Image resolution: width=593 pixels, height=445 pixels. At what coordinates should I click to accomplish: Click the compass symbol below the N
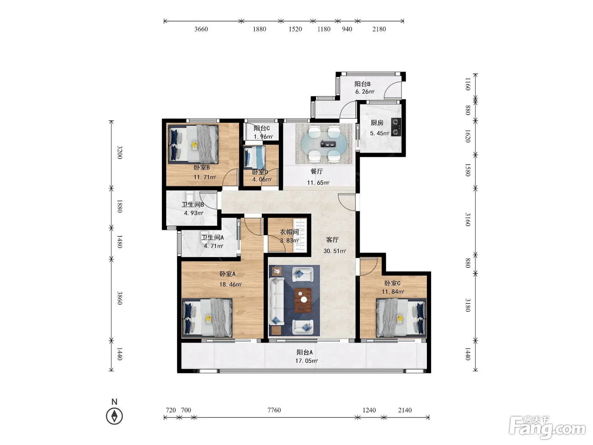pyautogui.click(x=114, y=416)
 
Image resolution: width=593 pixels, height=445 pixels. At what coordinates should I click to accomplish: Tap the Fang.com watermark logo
pyautogui.click(x=547, y=427)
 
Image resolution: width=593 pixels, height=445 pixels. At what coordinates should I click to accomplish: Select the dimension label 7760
pyautogui.click(x=274, y=410)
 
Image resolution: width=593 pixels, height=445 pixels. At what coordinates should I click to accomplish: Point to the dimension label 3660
pyautogui.click(x=201, y=29)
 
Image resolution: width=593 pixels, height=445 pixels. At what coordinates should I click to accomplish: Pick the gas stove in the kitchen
pyautogui.click(x=396, y=127)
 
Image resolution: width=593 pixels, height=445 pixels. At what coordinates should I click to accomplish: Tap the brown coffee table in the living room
pyautogui.click(x=302, y=300)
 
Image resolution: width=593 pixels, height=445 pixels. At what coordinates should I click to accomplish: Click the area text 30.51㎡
pyautogui.click(x=335, y=251)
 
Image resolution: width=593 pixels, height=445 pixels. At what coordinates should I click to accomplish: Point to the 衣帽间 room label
pyautogui.click(x=289, y=232)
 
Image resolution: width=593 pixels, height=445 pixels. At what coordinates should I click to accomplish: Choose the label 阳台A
pyautogui.click(x=305, y=352)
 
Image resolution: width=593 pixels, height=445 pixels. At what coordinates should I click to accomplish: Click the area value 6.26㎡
pyautogui.click(x=365, y=92)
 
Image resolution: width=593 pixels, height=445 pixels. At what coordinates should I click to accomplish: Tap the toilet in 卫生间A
pyautogui.click(x=204, y=237)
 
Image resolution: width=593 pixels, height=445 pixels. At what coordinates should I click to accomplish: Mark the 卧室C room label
pyautogui.click(x=392, y=283)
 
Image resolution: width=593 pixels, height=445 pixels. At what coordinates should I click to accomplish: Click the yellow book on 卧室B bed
pyautogui.click(x=194, y=146)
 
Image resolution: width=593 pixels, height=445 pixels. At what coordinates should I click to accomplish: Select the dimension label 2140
pyautogui.click(x=405, y=410)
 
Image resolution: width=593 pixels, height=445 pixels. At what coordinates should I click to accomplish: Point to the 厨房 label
pyautogui.click(x=377, y=123)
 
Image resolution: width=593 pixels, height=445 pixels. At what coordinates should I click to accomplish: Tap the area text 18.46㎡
pyautogui.click(x=230, y=284)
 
